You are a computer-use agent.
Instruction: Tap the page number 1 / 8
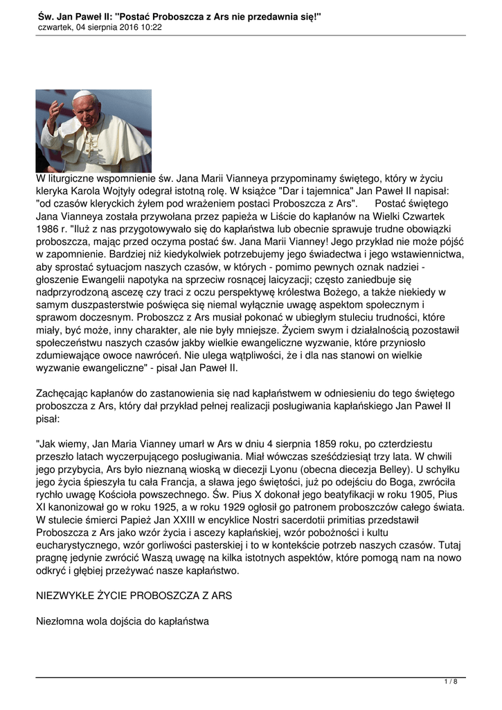tap(451, 682)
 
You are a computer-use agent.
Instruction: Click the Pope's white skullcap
tap(82, 94)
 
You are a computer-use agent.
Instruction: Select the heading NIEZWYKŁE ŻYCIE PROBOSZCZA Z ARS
tap(134, 596)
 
